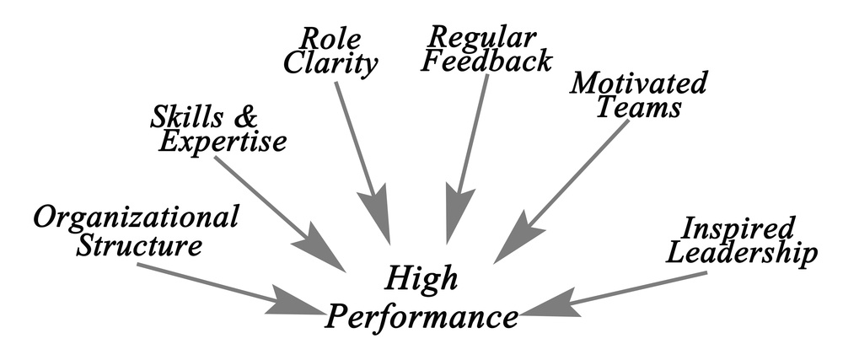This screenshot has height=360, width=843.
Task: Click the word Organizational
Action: click(x=135, y=218)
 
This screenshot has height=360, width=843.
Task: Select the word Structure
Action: click(x=139, y=247)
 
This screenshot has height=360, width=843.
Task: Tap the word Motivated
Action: click(x=638, y=83)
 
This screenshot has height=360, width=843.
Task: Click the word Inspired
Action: click(x=738, y=228)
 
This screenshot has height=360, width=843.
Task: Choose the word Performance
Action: click(x=421, y=317)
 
